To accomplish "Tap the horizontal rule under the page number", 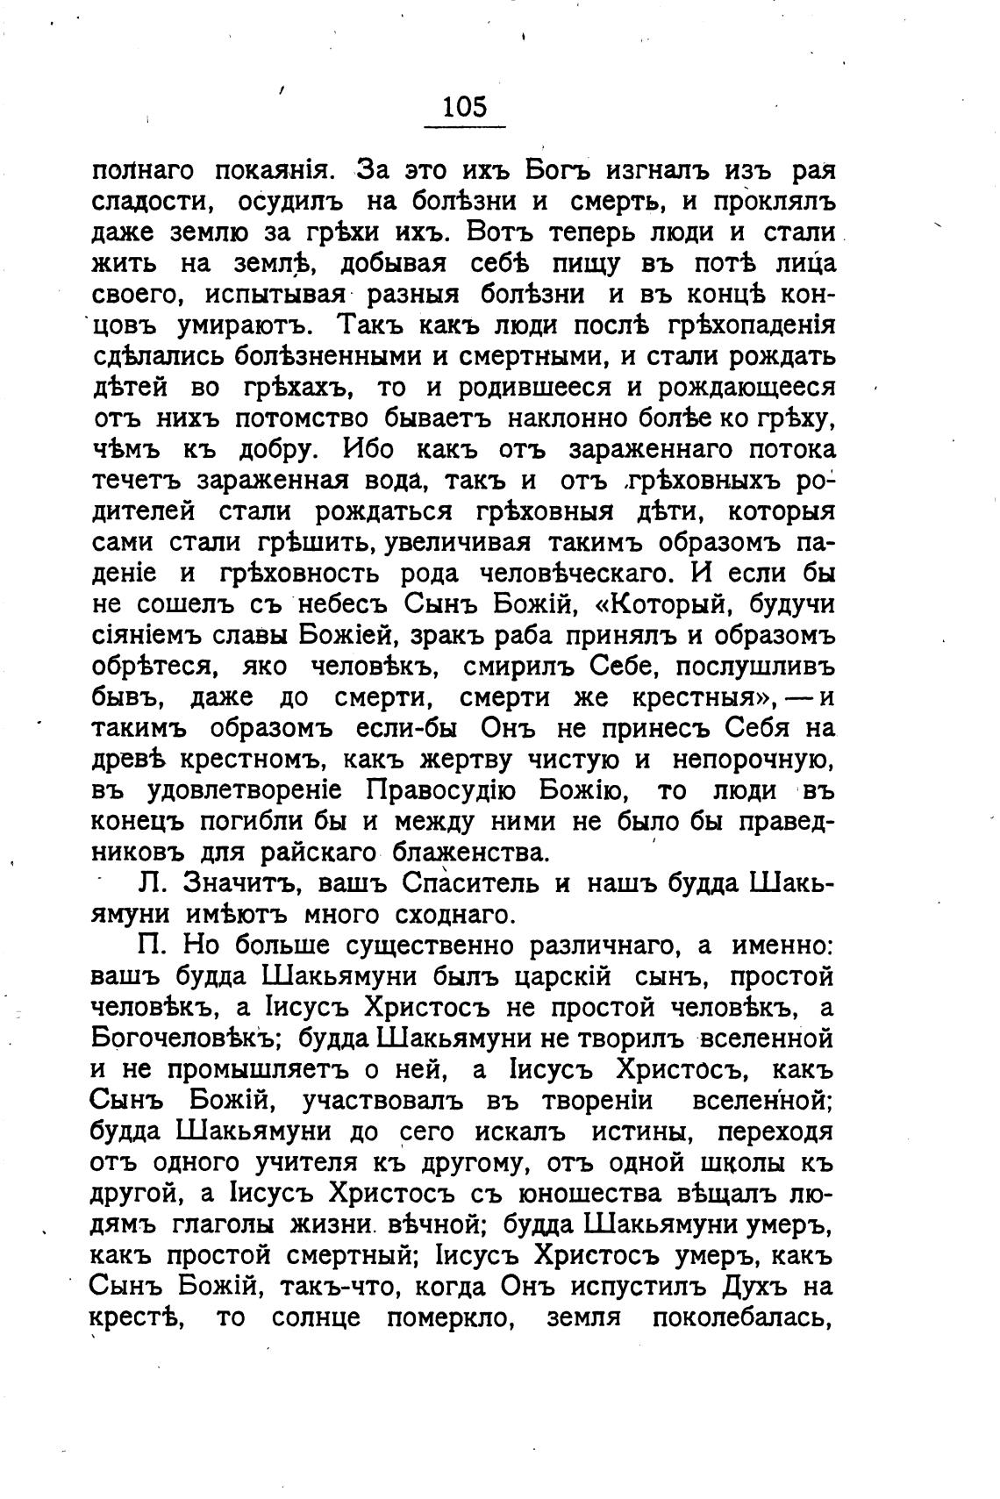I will [x=464, y=127].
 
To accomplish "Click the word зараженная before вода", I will [x=295, y=480].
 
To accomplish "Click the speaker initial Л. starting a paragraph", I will [x=152, y=883].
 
